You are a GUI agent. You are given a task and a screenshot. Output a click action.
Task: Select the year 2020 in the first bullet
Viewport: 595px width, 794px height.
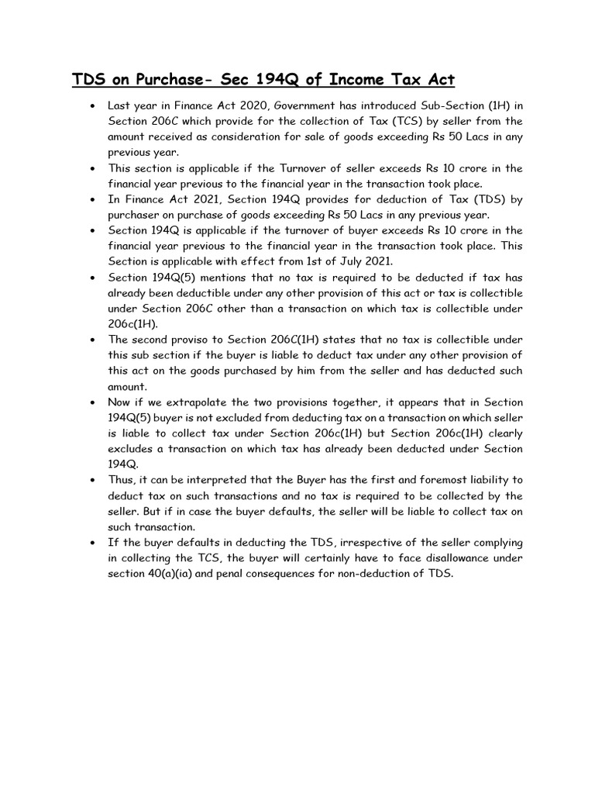(242, 105)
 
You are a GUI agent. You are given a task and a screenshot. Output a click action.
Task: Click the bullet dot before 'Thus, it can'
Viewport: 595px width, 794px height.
(93, 481)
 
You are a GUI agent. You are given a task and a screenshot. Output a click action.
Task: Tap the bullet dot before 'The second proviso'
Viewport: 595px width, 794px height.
(93, 340)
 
